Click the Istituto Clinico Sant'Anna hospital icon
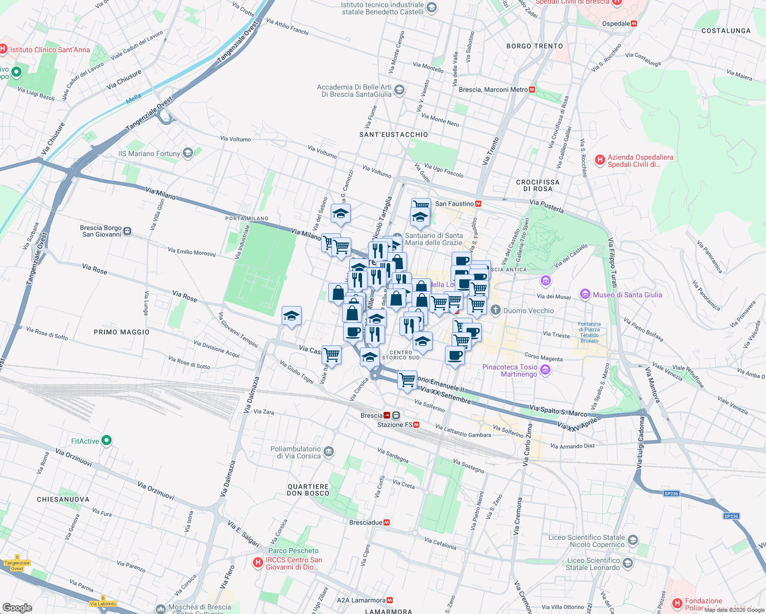click(3, 50)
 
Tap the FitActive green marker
click(107, 440)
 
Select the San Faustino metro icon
click(478, 204)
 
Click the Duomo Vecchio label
click(528, 311)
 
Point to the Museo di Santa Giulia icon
click(585, 294)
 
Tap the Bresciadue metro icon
click(387, 522)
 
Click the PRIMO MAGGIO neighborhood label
click(122, 332)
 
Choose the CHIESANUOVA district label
click(63, 499)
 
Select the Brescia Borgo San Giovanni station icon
click(127, 231)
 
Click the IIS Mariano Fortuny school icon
click(188, 153)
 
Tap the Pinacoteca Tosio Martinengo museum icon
click(545, 370)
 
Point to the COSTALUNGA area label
click(726, 31)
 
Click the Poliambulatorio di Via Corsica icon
click(329, 451)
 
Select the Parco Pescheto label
click(293, 551)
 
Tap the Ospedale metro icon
click(634, 24)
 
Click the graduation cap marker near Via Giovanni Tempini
click(291, 316)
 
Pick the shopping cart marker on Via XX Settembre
click(407, 380)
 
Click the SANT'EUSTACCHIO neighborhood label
click(393, 135)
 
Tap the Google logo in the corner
click(17, 607)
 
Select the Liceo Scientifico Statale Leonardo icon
click(628, 563)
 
